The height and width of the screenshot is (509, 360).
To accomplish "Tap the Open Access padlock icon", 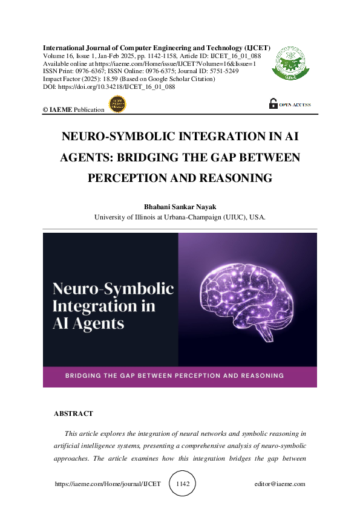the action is click(x=273, y=104).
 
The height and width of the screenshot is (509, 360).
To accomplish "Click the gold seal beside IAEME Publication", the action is click(x=116, y=105).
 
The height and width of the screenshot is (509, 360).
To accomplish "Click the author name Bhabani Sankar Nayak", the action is click(x=180, y=206).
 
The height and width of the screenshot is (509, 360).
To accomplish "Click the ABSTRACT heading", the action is click(x=73, y=413).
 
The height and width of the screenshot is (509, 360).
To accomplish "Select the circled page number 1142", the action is click(x=182, y=484).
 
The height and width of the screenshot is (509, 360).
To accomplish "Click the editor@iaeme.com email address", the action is click(x=280, y=484).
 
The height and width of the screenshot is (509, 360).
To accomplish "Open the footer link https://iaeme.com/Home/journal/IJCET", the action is click(x=108, y=484).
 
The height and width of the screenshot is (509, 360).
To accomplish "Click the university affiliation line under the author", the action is click(x=180, y=217).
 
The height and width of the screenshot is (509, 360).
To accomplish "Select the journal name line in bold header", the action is click(x=157, y=47).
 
